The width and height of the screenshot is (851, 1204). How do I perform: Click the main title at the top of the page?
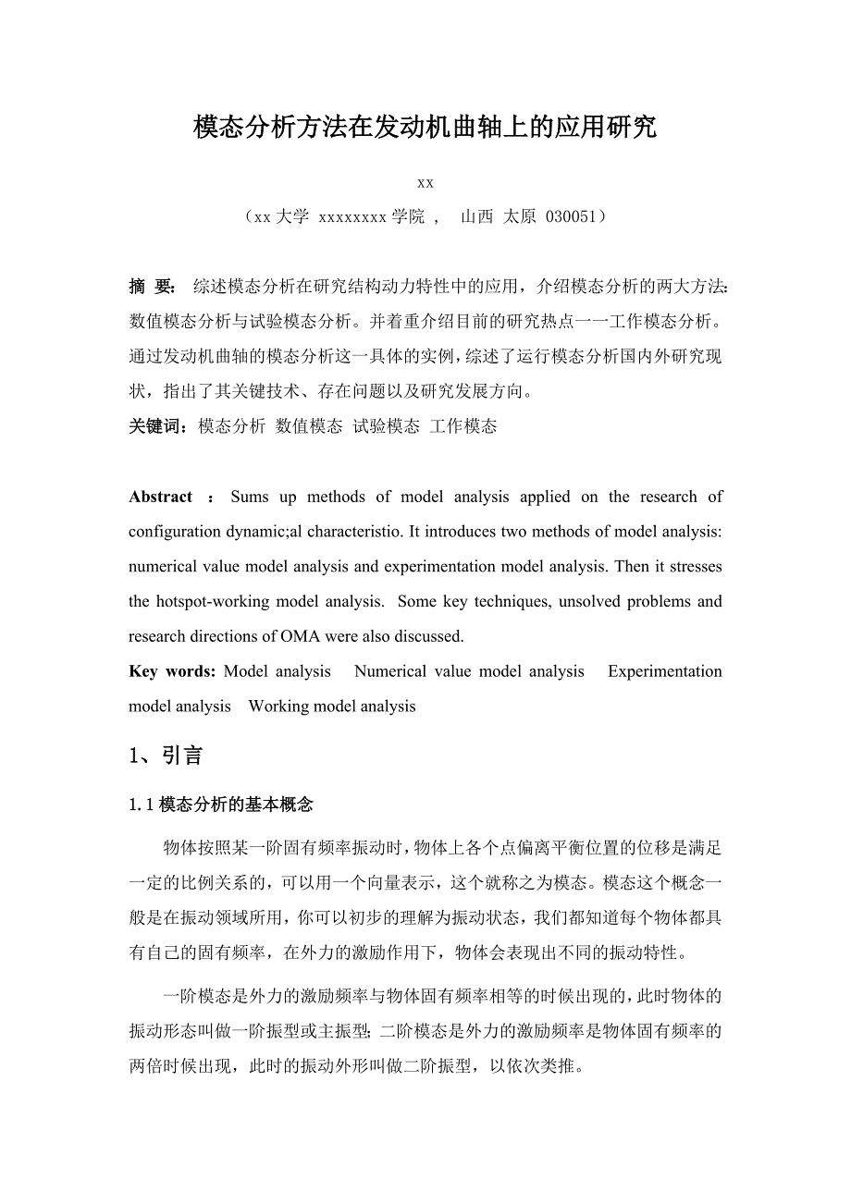(x=425, y=128)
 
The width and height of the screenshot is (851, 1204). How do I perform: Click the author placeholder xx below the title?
(x=425, y=183)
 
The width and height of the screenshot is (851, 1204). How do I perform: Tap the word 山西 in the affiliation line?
(x=476, y=217)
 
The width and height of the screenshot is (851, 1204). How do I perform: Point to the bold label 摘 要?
(x=152, y=287)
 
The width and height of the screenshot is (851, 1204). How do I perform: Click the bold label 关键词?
(x=158, y=426)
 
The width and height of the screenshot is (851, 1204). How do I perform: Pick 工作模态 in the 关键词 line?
(x=463, y=426)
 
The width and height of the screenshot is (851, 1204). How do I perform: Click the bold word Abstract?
(x=161, y=497)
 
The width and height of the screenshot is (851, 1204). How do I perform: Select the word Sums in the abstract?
(x=250, y=497)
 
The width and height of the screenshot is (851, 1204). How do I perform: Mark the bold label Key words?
(x=172, y=671)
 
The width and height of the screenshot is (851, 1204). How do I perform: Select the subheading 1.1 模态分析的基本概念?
(x=221, y=805)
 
